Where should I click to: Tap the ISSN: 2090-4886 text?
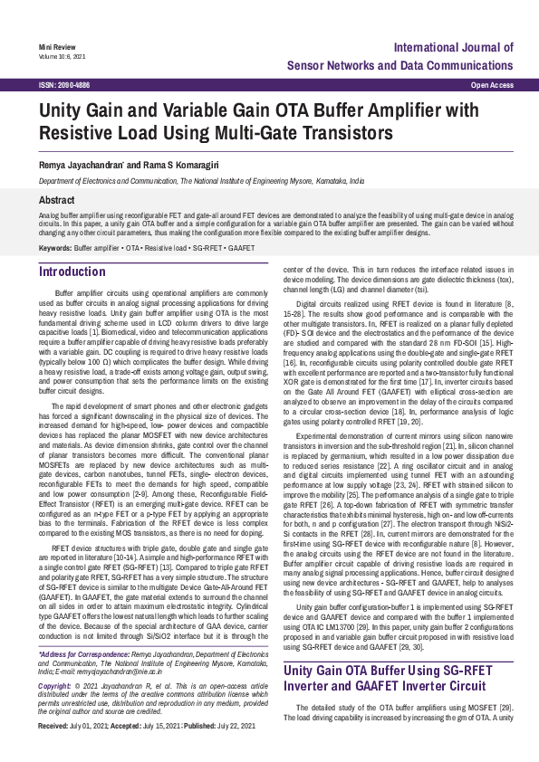64,84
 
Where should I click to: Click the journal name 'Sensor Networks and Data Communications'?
399,66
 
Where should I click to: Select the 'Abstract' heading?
57,199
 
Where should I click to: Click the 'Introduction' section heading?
72,271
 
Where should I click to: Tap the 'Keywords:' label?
55,247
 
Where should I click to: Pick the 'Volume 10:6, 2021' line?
63,55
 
